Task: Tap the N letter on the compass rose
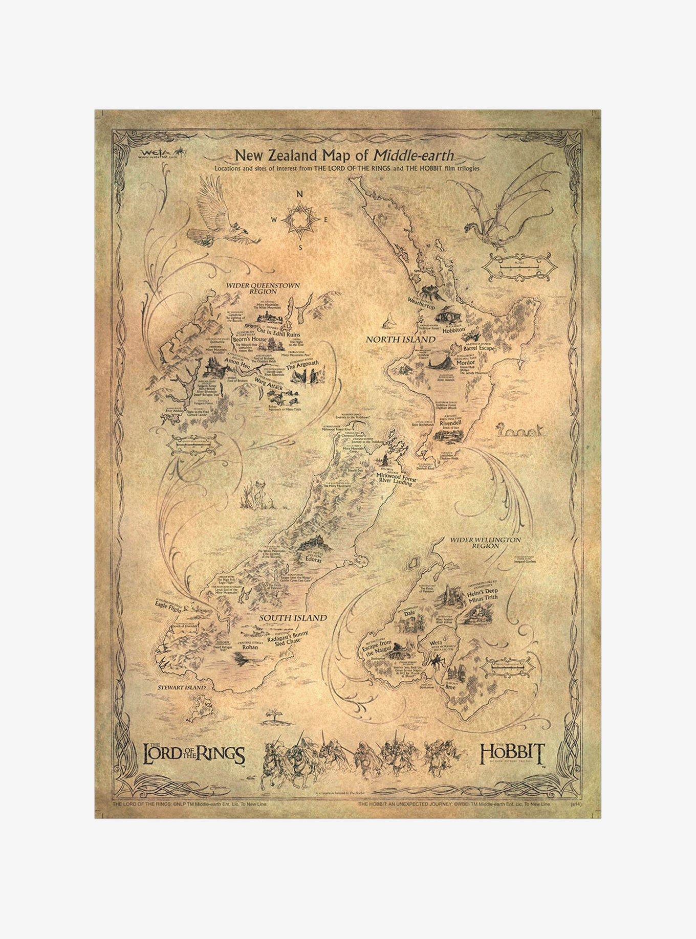(x=300, y=194)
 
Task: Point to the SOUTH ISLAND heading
(x=293, y=618)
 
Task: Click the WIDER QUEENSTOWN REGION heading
(x=264, y=288)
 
